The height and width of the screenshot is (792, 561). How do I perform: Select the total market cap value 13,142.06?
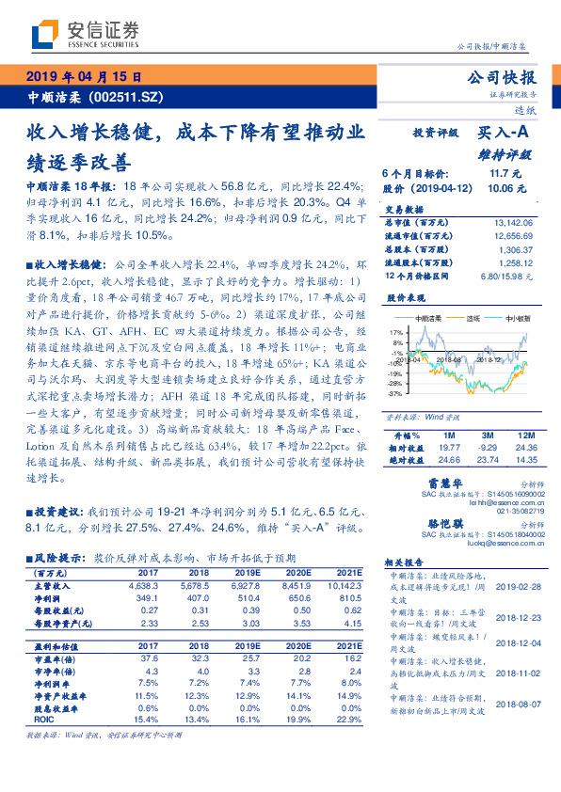pyautogui.click(x=513, y=222)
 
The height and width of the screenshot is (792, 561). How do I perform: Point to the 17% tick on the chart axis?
pyautogui.click(x=396, y=332)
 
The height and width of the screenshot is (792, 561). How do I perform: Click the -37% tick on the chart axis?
pyautogui.click(x=396, y=394)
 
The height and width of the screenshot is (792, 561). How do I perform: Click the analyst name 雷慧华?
pyautogui.click(x=430, y=484)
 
